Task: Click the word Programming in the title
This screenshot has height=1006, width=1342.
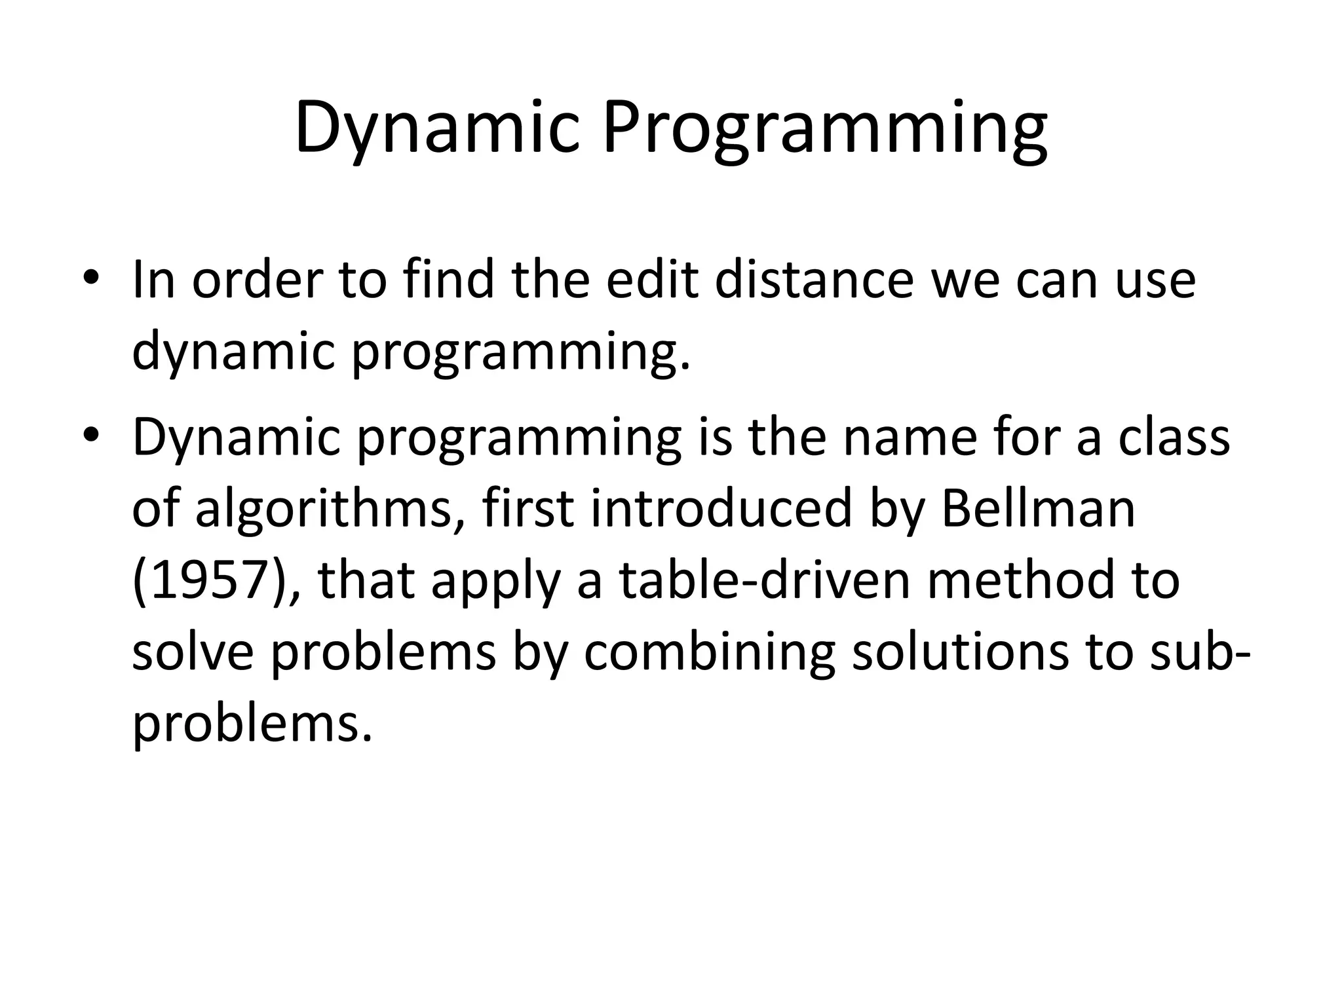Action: click(x=825, y=128)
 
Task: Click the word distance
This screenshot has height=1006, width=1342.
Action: click(x=813, y=280)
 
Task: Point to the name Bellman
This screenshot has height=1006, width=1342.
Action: click(x=1038, y=509)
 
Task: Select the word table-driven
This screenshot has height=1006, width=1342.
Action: click(x=765, y=581)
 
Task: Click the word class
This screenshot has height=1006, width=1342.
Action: click(x=1174, y=437)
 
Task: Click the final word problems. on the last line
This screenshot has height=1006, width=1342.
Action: click(x=252, y=725)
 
